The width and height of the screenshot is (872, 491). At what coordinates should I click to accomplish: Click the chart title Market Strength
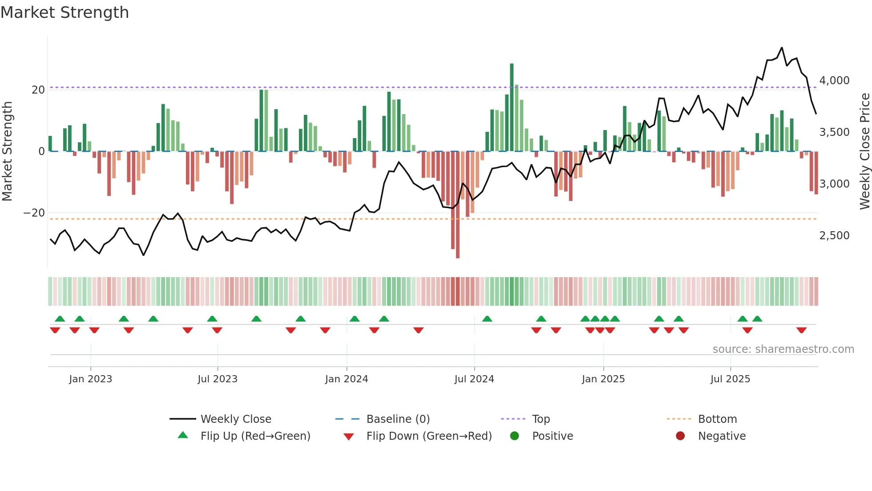click(x=65, y=12)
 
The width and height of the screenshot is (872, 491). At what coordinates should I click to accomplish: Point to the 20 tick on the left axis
click(x=38, y=90)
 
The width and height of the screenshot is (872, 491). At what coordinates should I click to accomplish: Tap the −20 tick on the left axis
click(x=34, y=213)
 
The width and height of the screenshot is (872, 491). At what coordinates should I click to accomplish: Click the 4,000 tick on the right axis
click(x=834, y=81)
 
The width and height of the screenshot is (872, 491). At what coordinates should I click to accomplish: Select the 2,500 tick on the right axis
click(x=834, y=236)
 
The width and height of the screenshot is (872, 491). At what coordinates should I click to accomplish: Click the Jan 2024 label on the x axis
click(x=347, y=379)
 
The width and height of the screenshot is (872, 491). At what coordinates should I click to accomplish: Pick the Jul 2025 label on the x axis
click(x=730, y=379)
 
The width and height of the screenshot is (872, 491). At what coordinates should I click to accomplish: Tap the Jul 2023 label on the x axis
click(x=218, y=379)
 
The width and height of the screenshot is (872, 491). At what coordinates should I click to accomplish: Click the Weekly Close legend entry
click(x=235, y=419)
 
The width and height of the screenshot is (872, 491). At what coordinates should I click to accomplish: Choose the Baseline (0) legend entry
click(x=398, y=419)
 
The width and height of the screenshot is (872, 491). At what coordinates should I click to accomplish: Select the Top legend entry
click(x=541, y=419)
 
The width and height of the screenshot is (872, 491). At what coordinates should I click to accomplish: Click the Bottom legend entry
click(x=717, y=419)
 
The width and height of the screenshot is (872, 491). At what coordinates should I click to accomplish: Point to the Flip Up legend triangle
click(x=183, y=435)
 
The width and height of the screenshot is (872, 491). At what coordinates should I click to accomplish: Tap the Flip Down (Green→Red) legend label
click(x=429, y=436)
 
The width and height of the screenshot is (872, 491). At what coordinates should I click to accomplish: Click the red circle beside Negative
click(x=680, y=436)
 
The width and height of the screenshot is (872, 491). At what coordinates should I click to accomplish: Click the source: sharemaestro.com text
click(x=783, y=349)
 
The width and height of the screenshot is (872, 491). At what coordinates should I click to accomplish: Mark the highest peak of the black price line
click(x=782, y=48)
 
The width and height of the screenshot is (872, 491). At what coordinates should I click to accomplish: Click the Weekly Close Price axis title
click(x=864, y=151)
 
